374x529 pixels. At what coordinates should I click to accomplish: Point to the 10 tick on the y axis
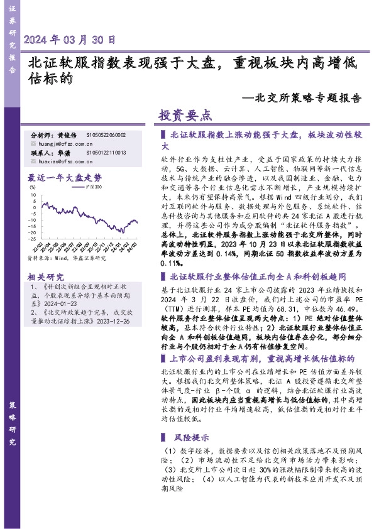pyautogui.click(x=32, y=195)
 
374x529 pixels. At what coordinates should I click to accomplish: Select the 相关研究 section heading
pyautogui.click(x=46, y=278)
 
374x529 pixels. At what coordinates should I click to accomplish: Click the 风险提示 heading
pyautogui.click(x=192, y=438)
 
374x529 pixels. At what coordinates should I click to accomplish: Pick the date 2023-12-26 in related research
pyautogui.click(x=111, y=321)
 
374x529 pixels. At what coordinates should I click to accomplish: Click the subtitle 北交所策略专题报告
pyautogui.click(x=305, y=99)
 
